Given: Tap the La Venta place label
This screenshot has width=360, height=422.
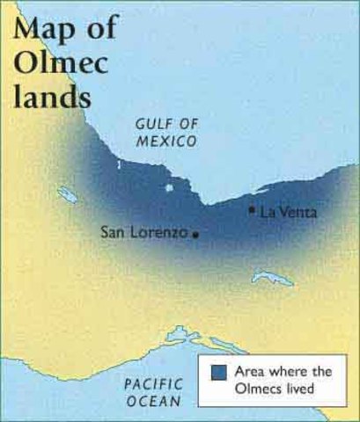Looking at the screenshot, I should (287, 212).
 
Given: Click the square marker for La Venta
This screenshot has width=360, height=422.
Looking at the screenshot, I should (252, 210).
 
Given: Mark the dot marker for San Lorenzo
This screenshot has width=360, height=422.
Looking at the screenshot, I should (195, 235).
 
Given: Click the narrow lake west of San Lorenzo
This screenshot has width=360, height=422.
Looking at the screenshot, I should (67, 194).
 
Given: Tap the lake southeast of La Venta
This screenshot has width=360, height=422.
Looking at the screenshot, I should (273, 279).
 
